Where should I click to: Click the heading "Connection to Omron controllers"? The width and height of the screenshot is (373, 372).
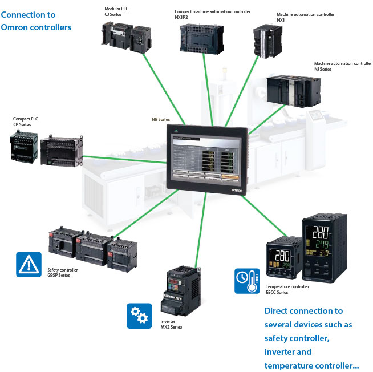point(37,21)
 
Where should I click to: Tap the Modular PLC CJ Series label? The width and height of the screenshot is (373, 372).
point(116,12)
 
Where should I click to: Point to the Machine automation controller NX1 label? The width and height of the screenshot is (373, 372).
point(305,17)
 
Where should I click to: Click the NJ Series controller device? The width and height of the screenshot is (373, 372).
point(295,91)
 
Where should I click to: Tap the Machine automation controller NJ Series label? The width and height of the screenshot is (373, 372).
point(343,66)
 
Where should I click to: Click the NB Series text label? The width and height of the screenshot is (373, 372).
point(161,119)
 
